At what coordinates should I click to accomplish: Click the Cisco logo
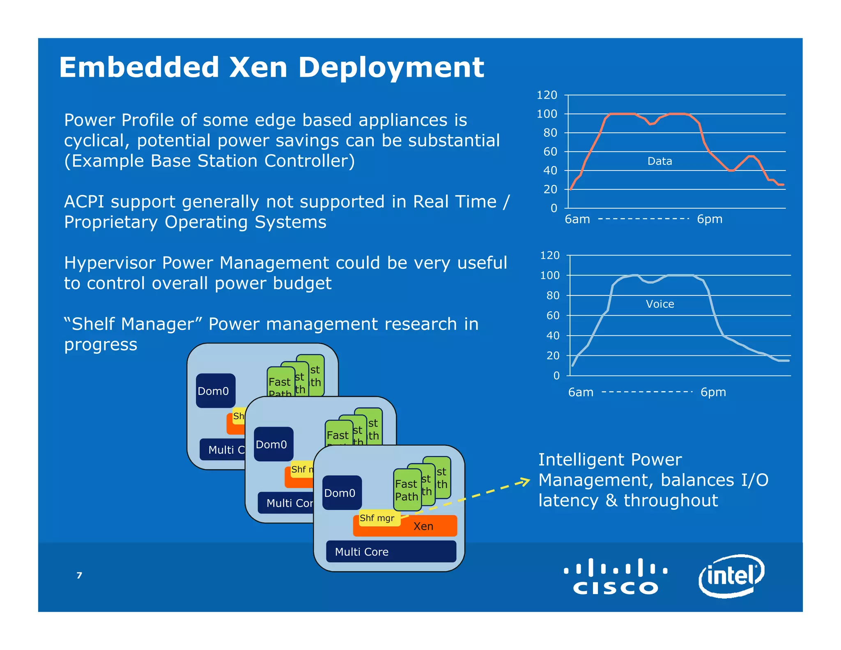[x=615, y=576]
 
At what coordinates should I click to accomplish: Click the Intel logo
[x=731, y=576]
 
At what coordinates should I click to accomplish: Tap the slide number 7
[x=79, y=575]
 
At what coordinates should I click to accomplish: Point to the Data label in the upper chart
[x=659, y=161]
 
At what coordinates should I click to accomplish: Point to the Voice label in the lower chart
[x=660, y=304]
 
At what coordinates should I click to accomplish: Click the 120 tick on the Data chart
[x=547, y=95]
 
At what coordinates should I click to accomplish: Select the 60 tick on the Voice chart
[x=553, y=316]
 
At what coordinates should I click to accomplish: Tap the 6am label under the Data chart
[x=577, y=219]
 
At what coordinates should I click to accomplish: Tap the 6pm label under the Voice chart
[x=713, y=392]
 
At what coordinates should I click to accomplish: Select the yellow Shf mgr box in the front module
[x=377, y=518]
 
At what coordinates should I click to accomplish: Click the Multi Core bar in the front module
[x=391, y=552]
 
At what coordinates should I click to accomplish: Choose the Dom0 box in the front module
[x=341, y=493]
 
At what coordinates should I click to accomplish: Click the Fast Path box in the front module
[x=407, y=490]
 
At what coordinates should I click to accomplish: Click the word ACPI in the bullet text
[x=84, y=202]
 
